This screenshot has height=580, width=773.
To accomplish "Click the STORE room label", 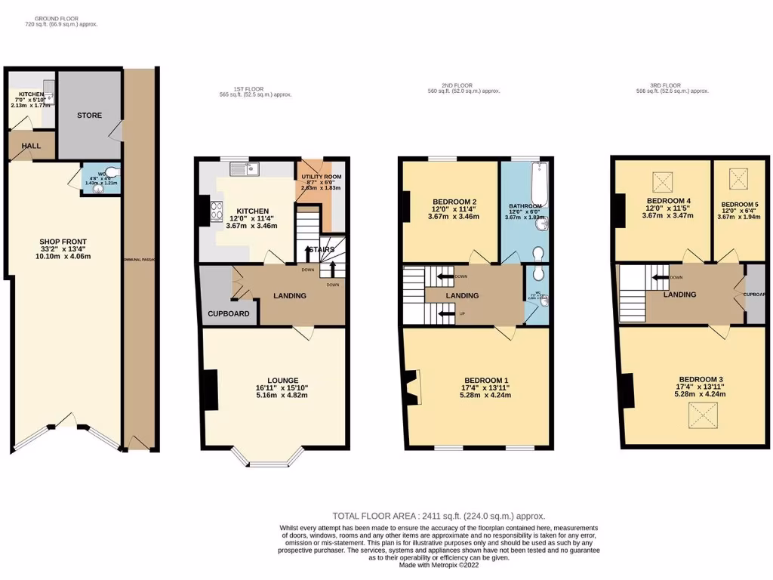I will click(89, 116).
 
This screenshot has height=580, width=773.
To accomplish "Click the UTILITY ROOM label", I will click(322, 177).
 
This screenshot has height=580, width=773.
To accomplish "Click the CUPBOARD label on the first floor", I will click(229, 313).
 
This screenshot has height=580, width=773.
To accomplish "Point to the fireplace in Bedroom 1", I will click(413, 385).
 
